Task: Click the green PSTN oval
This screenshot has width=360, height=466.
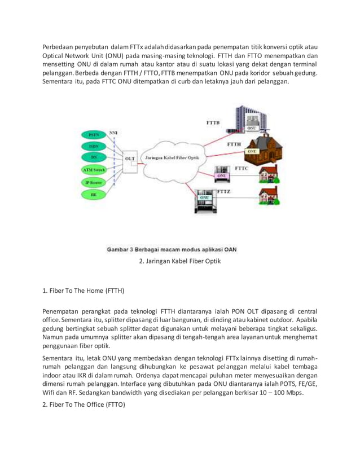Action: tap(94, 135)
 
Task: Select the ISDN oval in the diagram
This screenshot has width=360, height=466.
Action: tap(94, 146)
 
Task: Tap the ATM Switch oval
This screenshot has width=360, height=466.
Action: tap(94, 170)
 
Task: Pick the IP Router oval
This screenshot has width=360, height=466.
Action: tap(94, 182)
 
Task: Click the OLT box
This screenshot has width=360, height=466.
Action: tap(129, 159)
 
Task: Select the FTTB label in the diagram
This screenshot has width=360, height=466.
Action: tap(213, 122)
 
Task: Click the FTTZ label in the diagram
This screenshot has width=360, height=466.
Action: tap(224, 192)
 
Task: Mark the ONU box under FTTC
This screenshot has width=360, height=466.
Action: tap(221, 175)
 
